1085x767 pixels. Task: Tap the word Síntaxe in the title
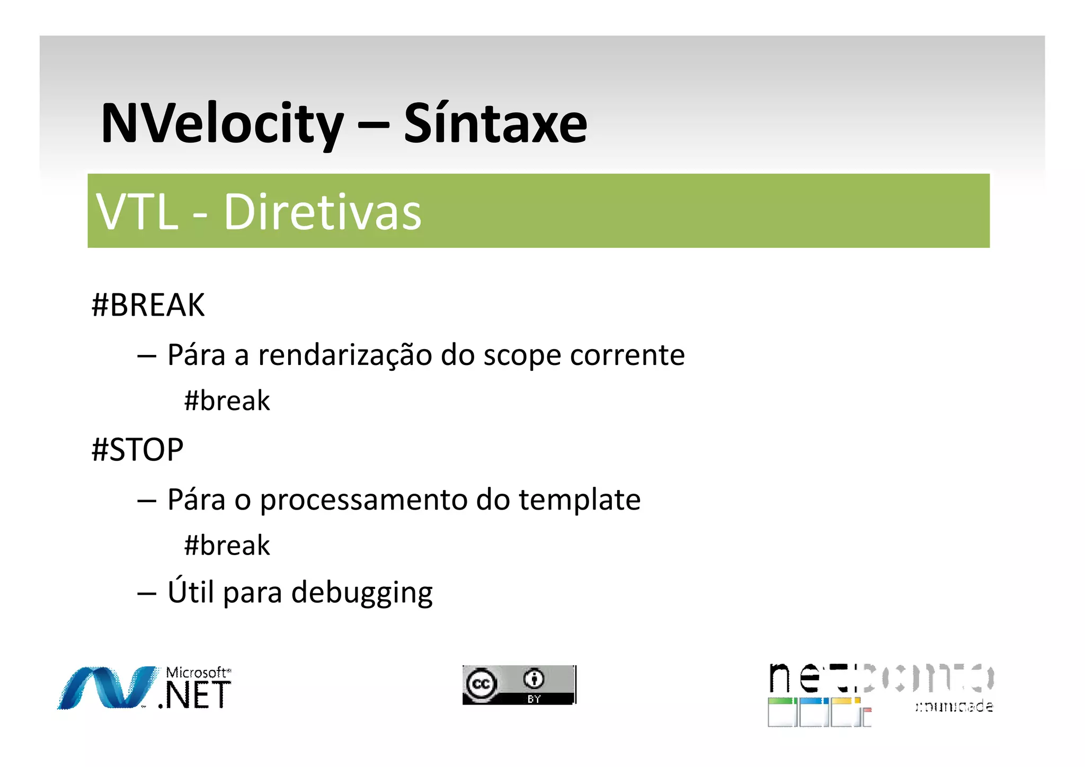pos(495,124)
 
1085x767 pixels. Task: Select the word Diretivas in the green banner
pos(322,212)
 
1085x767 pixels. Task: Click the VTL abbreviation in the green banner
pos(137,212)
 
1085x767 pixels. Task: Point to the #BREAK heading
pos(148,305)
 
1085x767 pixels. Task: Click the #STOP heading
pos(137,450)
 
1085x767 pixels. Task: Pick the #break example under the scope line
pos(227,400)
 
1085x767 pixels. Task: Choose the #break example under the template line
pos(227,545)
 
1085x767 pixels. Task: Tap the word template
pos(580,500)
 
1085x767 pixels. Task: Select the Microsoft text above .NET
pos(197,673)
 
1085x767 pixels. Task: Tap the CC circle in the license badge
pos(481,684)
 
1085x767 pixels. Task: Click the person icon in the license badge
pos(534,678)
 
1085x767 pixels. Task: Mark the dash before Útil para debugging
pos(146,593)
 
